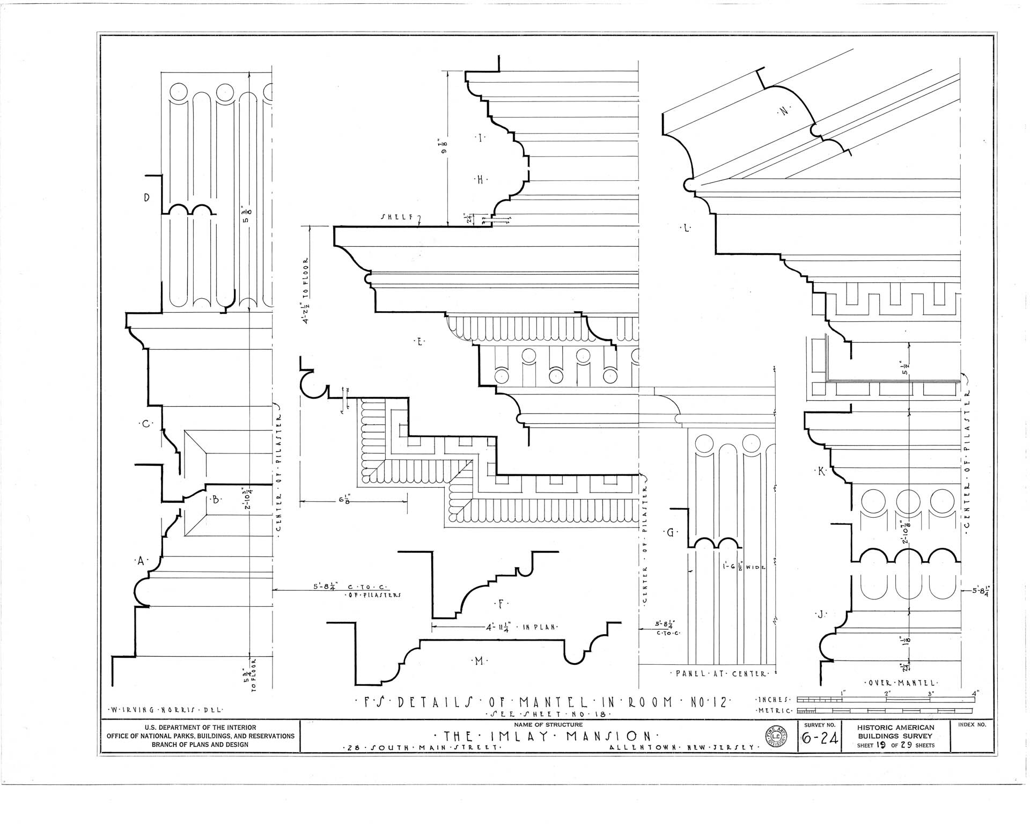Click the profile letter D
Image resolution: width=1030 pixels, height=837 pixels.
(x=146, y=197)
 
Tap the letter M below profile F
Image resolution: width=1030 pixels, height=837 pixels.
(x=478, y=661)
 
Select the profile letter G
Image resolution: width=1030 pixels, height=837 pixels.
(x=670, y=533)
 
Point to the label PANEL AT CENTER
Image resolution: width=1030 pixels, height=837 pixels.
(x=719, y=673)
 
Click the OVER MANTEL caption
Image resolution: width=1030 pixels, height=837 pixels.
(x=901, y=683)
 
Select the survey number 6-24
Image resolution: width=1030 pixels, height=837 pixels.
(x=820, y=739)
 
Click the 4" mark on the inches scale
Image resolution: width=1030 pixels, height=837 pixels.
(x=975, y=693)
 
